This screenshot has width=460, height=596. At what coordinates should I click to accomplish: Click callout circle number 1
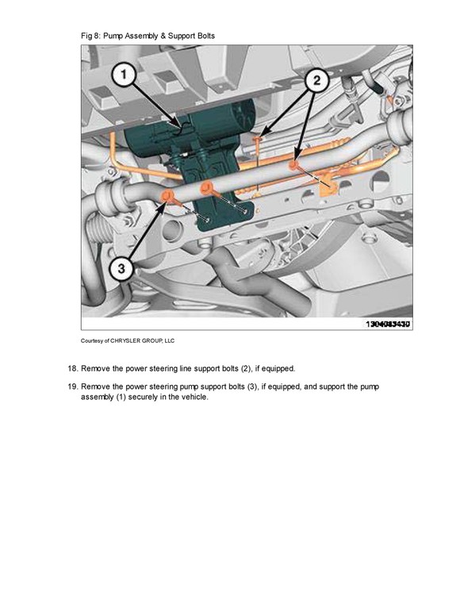[x=124, y=75]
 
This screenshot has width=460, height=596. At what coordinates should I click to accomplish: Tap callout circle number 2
[x=316, y=80]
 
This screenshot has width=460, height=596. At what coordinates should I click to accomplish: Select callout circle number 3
[x=121, y=268]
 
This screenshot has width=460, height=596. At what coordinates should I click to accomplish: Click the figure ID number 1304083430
[x=388, y=324]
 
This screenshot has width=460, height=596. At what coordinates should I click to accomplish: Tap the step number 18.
[x=72, y=368]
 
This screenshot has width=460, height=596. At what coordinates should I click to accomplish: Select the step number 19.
[x=72, y=386]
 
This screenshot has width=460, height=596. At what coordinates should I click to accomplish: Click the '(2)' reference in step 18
[x=245, y=369]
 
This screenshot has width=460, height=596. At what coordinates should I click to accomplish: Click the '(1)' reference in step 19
[x=121, y=398]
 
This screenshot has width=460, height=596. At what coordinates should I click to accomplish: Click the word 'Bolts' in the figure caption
[x=206, y=37]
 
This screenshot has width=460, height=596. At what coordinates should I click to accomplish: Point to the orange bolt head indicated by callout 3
[x=167, y=196]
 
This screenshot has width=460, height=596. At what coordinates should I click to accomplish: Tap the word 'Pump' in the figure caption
[x=113, y=37]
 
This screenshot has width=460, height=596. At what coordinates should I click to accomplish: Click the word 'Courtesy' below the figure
[x=91, y=340]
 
